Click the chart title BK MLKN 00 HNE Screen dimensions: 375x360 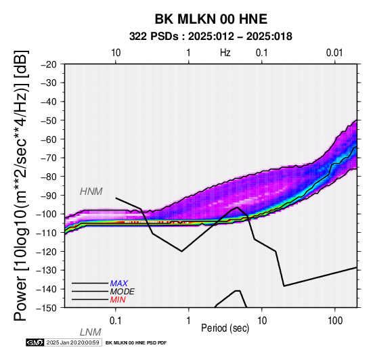[211, 19]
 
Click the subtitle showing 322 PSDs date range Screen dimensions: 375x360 [211, 37]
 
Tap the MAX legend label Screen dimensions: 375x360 [119, 284]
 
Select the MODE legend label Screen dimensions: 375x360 [123, 292]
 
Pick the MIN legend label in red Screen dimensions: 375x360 [118, 300]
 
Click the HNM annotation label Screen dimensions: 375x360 [91, 192]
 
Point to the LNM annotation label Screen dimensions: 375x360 [91, 332]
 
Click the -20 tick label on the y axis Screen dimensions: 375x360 [49, 64]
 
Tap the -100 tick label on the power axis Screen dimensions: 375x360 [46, 214]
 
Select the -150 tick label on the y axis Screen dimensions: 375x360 [46, 308]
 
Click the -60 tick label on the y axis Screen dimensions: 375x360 [49, 139]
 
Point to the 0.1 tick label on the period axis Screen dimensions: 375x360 [115, 321]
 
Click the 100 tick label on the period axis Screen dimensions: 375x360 [335, 321]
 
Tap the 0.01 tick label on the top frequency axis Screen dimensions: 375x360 [334, 53]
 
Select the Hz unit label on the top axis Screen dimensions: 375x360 [225, 53]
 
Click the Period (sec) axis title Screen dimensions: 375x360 [225, 328]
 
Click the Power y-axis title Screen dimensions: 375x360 [21, 185]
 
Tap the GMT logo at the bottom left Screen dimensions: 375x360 [35, 342]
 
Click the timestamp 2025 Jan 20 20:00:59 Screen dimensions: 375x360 [72, 342]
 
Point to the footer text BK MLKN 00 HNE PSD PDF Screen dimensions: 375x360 [136, 343]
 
